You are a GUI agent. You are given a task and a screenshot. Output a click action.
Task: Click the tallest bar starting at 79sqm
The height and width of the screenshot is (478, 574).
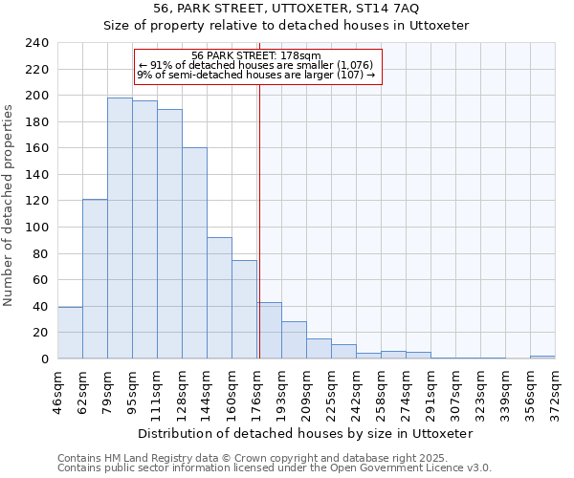(x=120, y=228)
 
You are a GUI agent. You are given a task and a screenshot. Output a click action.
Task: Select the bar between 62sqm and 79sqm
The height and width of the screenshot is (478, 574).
(x=95, y=278)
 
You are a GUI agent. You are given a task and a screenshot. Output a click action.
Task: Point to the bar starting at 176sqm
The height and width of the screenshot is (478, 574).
(x=269, y=331)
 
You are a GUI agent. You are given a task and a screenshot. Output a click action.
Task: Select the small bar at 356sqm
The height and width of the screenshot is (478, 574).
(x=542, y=357)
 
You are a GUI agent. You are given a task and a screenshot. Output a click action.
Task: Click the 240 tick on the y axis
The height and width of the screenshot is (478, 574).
(x=37, y=43)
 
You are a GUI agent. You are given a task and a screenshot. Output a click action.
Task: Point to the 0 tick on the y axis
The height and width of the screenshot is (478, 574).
(x=44, y=358)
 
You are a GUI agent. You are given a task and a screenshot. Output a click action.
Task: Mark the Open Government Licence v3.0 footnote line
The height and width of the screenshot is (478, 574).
(x=275, y=467)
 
